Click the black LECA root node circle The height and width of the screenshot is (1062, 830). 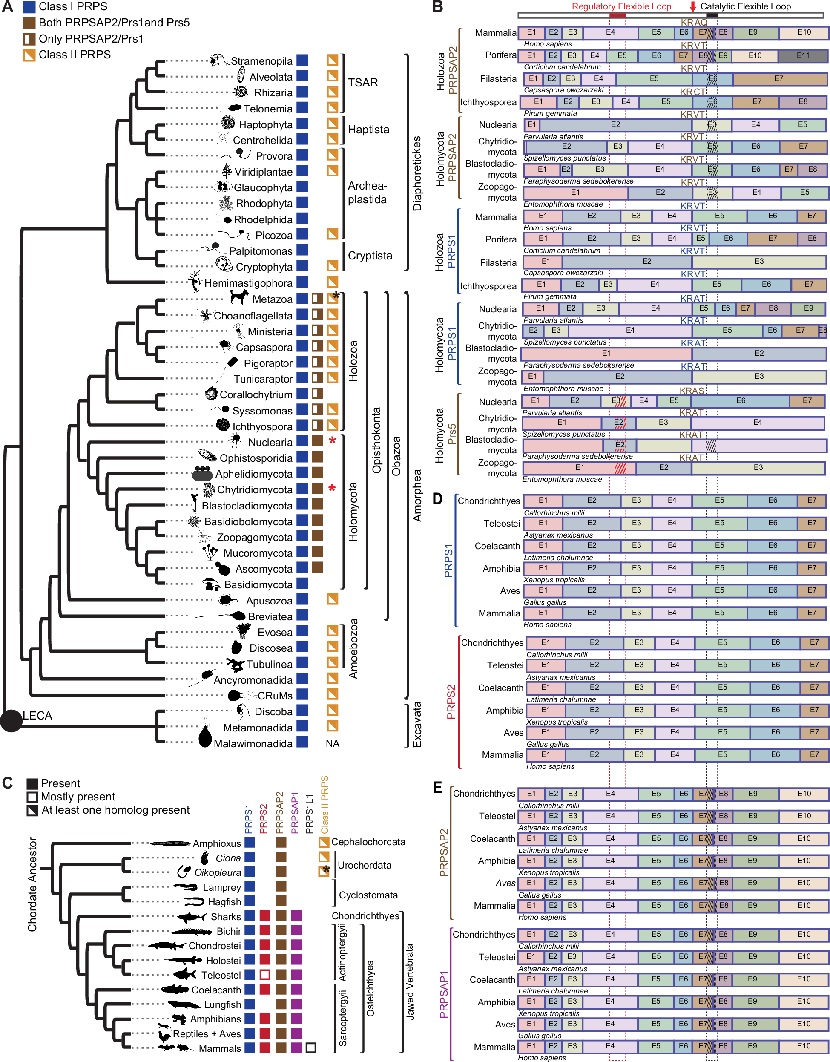(11, 720)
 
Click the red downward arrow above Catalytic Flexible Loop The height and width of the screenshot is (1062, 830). (692, 7)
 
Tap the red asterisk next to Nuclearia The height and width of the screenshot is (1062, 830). (332, 441)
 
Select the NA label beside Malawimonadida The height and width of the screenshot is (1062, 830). (332, 743)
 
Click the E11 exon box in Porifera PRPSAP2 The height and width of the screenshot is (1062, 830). (803, 55)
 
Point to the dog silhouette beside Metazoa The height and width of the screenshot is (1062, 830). (239, 296)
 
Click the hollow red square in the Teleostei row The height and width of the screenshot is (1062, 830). (264, 975)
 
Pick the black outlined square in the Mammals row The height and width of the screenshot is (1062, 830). (311, 1048)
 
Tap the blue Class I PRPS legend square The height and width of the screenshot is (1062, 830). (29, 7)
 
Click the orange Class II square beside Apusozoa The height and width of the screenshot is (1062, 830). (332, 599)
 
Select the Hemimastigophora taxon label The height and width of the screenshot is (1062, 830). (248, 283)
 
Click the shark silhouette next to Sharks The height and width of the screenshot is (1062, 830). (192, 917)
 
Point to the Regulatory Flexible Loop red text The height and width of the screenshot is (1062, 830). (621, 7)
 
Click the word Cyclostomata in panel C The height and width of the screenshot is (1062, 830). (368, 895)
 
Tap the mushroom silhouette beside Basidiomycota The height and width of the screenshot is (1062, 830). (211, 584)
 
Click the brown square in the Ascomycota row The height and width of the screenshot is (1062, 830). (317, 567)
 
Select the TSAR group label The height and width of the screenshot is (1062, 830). (363, 83)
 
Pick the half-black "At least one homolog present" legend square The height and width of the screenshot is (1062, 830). (32, 810)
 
